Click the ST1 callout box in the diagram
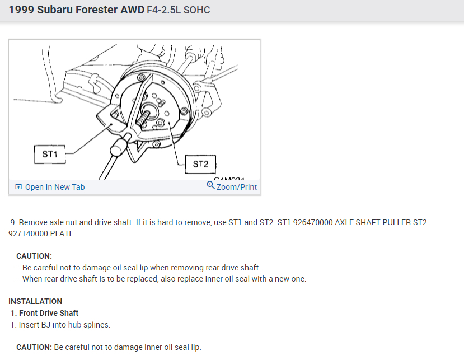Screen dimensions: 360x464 pyautogui.click(x=50, y=153)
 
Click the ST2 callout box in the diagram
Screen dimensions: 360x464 pyautogui.click(x=200, y=164)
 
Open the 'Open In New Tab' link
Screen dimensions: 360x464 pyautogui.click(x=55, y=187)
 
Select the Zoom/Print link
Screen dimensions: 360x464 pyautogui.click(x=237, y=187)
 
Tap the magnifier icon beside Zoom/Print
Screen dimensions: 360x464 pyautogui.click(x=210, y=185)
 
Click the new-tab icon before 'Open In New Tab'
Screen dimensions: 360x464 pyautogui.click(x=18, y=187)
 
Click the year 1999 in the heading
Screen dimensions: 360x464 pyautogui.click(x=21, y=10)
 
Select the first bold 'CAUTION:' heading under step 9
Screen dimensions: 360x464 pyautogui.click(x=34, y=256)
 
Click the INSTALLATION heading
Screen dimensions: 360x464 pyautogui.click(x=35, y=301)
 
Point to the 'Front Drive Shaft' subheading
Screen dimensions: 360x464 pyautogui.click(x=49, y=313)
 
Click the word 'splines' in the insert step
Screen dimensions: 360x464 pyautogui.click(x=97, y=324)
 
